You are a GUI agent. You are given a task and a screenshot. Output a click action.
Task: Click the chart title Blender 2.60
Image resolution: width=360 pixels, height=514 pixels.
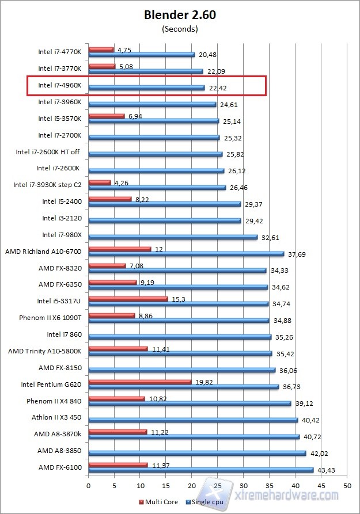coord(180,16)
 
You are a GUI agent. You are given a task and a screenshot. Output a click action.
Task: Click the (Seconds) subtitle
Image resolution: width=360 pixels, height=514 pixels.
coord(180,28)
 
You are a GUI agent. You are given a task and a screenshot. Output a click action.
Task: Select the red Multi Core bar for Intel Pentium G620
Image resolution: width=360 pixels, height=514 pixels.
coord(139,381)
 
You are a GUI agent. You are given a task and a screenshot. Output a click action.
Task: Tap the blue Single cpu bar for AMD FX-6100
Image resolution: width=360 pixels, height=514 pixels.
coord(200,470)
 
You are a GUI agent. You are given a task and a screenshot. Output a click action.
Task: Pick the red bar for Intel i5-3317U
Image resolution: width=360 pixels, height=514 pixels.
coord(128,299)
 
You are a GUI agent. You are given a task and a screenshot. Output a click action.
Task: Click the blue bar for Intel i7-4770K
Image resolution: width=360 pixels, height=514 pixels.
coord(141,55)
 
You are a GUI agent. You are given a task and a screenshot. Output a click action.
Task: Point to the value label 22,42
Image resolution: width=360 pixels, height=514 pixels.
coord(218,88)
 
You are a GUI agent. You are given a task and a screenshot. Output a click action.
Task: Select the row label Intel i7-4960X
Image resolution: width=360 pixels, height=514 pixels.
coord(59,85)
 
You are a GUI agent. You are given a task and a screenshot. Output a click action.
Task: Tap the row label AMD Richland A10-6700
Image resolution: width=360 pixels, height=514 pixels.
coord(43,252)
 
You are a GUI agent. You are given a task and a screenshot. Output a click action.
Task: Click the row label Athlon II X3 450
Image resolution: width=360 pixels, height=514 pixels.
coord(56,417)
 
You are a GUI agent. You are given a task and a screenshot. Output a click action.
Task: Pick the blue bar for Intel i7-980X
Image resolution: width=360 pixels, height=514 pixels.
coord(173,237)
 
